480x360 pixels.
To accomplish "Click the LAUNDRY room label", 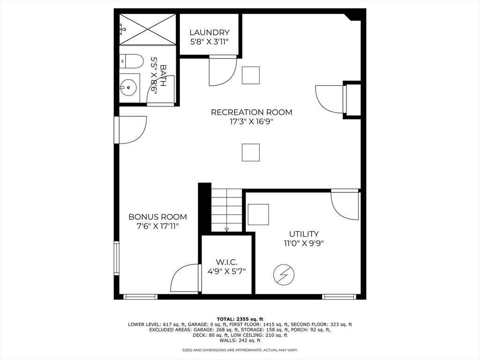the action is pos(210,32).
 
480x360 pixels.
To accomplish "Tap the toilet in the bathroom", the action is pos(131,61).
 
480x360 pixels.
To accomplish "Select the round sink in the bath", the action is pos(128,88).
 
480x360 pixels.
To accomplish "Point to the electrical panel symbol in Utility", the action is pos(284,275).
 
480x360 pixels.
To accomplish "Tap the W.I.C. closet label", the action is pos(226,262).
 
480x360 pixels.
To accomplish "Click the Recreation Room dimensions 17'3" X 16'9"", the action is pos(251,121).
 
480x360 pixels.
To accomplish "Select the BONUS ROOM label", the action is pos(157,217).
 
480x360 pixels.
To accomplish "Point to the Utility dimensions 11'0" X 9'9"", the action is pos(304,243).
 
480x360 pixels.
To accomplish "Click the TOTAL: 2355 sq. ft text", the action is pos(240,319).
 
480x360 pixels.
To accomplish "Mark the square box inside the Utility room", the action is pos(258,215).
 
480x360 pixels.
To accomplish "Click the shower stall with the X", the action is pos(148,30).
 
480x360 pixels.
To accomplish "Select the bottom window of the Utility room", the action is pos(339,297).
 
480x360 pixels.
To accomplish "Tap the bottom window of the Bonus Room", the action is pos(141,297).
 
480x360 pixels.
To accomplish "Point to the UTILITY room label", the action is pos(304,234).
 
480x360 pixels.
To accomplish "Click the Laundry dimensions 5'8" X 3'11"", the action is pos(210,42).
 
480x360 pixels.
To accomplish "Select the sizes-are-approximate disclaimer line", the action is pos(240,350).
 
